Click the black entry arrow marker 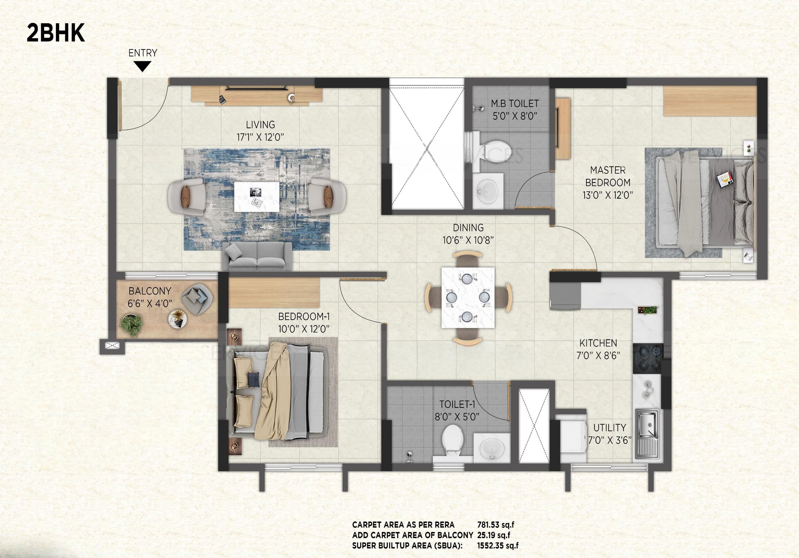(x=142, y=66)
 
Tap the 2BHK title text (x=56, y=33)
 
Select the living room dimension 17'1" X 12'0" (x=260, y=137)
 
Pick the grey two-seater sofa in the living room (x=257, y=256)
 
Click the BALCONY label (x=150, y=291)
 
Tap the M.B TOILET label (x=515, y=104)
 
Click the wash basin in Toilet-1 (x=491, y=448)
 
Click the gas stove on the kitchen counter (x=647, y=358)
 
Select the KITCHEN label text (x=598, y=343)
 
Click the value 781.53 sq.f (x=495, y=525)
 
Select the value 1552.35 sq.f (x=498, y=545)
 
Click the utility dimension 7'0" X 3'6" (x=609, y=441)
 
